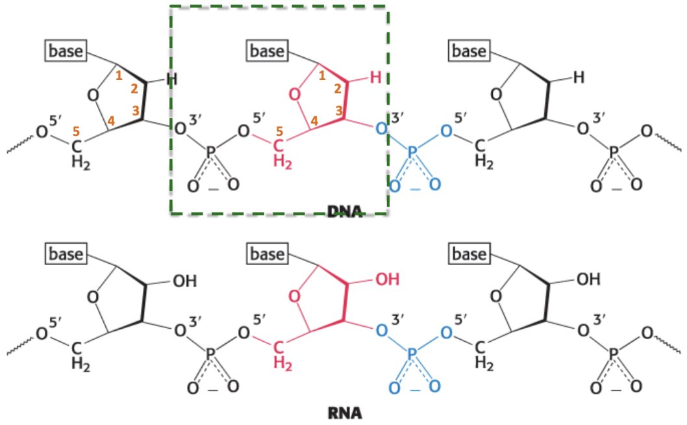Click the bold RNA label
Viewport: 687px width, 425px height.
click(345, 413)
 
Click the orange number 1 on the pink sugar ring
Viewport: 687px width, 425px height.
click(322, 76)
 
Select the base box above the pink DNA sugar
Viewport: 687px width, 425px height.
click(268, 51)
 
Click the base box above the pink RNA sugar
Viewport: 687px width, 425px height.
click(268, 253)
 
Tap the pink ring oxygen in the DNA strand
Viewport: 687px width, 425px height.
click(296, 96)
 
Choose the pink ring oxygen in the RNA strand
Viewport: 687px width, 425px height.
click(296, 298)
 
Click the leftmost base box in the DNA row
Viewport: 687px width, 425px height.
click(66, 51)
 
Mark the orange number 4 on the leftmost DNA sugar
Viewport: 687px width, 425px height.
click(111, 120)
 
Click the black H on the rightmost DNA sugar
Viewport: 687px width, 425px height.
click(579, 78)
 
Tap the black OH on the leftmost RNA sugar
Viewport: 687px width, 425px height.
click(184, 281)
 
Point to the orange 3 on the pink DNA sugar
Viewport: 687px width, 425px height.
click(340, 111)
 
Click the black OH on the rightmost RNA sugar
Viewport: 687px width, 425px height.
click(588, 281)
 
